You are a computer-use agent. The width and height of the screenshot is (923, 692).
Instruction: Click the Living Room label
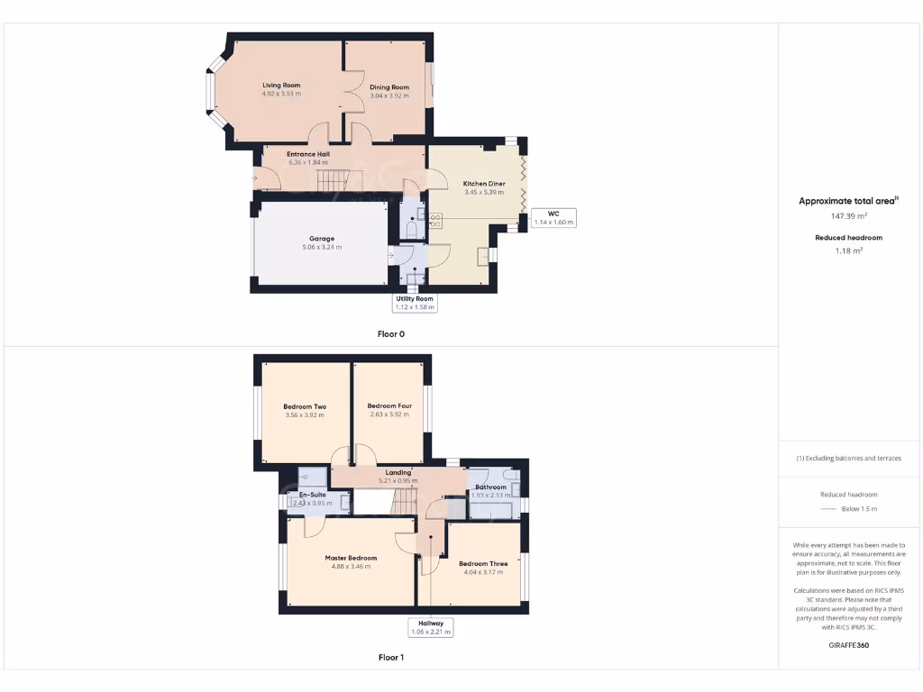(x=281, y=85)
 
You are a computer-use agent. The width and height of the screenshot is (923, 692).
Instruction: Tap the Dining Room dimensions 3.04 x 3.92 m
(x=389, y=96)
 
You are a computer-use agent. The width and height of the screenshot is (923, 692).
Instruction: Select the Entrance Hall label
(x=307, y=154)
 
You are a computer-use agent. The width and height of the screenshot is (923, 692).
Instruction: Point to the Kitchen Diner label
(x=484, y=183)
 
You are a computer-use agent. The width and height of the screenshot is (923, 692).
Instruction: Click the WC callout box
(x=553, y=217)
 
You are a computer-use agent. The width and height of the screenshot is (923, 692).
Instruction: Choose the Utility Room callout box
(x=415, y=302)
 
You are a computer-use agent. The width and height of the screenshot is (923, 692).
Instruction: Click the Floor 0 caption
(x=391, y=333)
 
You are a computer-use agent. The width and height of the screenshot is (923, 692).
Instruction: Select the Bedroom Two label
(x=305, y=406)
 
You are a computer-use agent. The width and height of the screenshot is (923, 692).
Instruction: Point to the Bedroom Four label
(x=389, y=405)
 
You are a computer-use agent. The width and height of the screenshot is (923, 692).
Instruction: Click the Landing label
(x=398, y=472)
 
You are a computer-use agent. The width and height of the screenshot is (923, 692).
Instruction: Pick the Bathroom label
(x=491, y=487)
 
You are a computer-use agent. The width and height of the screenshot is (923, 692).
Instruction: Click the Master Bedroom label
(x=351, y=558)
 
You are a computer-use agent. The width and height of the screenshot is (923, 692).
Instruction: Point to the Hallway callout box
(x=430, y=626)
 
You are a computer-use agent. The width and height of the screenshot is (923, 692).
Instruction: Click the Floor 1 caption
(x=391, y=658)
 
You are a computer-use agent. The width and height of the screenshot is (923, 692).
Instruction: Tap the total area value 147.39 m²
(x=848, y=216)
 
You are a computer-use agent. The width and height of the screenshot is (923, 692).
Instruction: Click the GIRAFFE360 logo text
(x=848, y=645)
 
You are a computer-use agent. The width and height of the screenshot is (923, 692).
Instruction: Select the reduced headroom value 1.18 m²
(x=848, y=250)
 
